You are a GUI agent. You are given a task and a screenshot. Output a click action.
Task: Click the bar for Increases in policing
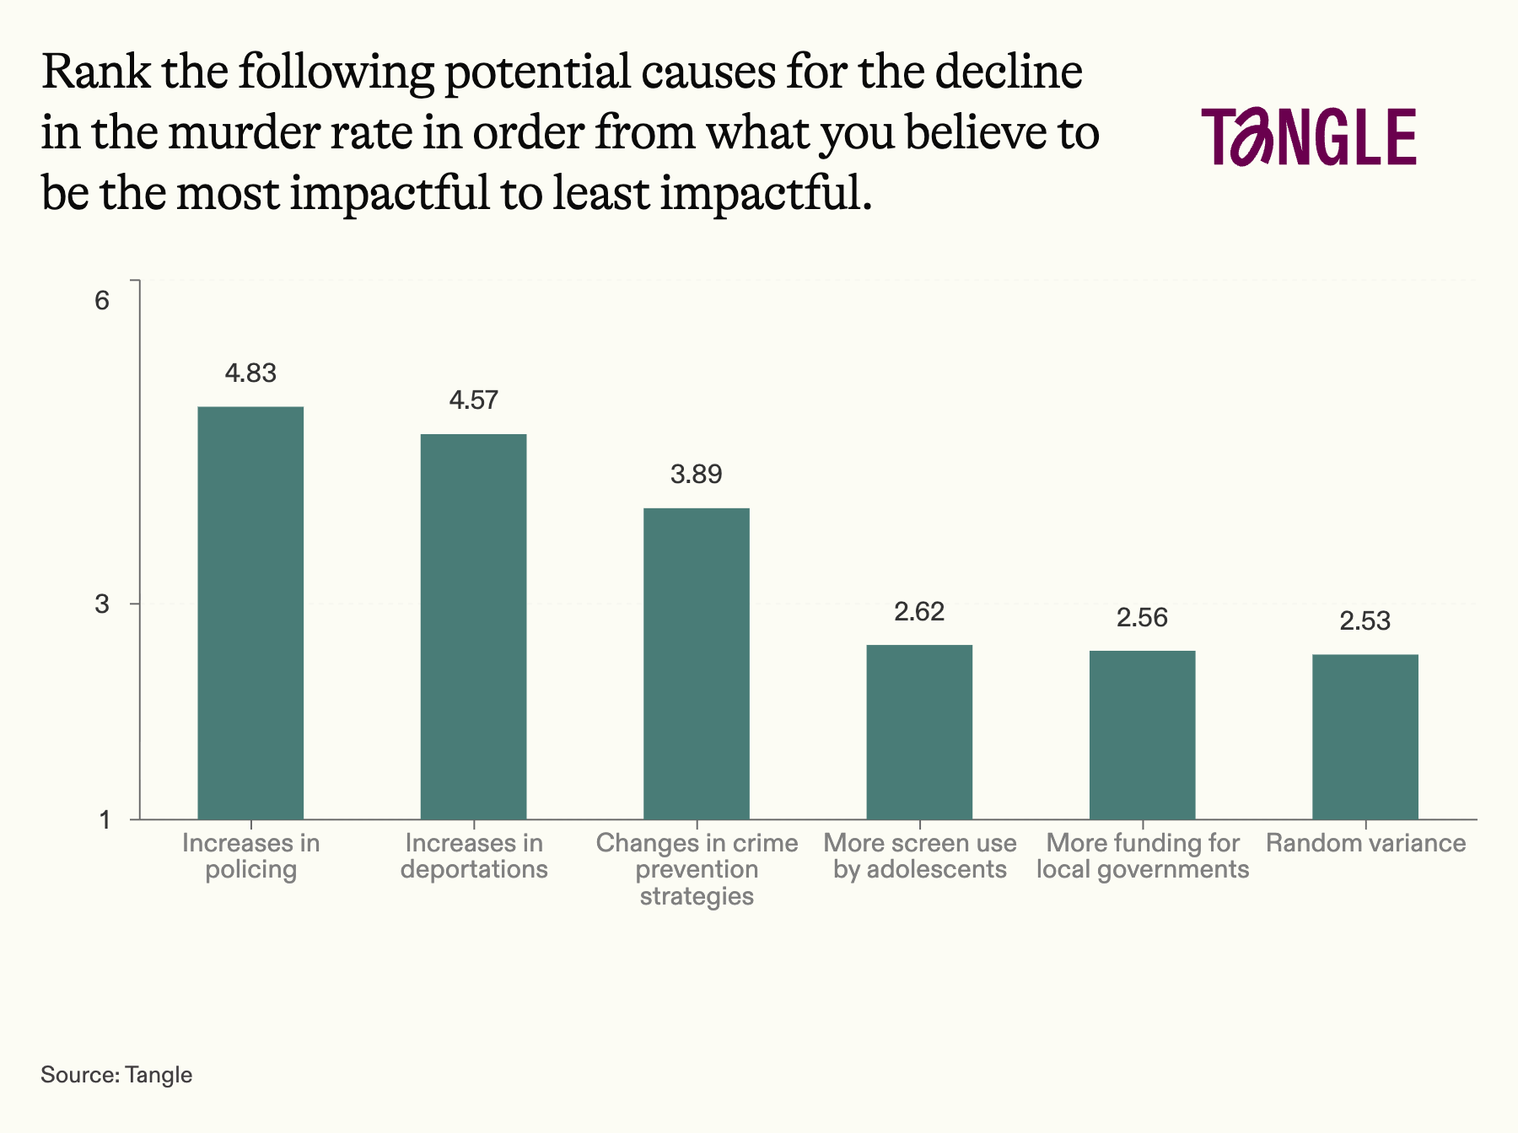click(250, 613)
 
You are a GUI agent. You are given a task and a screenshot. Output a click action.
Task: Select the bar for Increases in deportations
click(473, 626)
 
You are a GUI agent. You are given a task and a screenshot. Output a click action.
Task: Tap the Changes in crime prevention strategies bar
click(696, 663)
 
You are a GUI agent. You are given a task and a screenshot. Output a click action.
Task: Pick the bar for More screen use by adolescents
click(919, 732)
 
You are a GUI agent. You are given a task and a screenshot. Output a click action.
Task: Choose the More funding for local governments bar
click(1142, 734)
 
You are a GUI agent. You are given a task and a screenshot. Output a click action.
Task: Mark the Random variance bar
click(1365, 737)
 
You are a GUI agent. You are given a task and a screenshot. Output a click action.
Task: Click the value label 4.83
click(250, 373)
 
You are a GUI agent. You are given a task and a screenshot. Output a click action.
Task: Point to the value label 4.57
click(473, 400)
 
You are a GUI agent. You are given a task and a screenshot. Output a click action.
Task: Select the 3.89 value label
click(696, 474)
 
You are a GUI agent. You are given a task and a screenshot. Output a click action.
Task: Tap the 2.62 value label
click(919, 611)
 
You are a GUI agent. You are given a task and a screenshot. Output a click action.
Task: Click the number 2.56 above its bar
click(1142, 618)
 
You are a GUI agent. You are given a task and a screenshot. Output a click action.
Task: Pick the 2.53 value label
click(1365, 621)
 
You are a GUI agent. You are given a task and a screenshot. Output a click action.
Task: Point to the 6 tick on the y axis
click(102, 300)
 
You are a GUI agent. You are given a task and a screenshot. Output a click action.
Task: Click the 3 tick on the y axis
click(102, 604)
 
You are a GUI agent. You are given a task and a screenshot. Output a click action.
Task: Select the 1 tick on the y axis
click(105, 819)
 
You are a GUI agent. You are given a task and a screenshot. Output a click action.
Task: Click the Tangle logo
click(1309, 137)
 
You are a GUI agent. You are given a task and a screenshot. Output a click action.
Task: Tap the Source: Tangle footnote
click(116, 1075)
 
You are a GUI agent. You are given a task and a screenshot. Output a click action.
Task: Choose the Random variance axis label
click(1365, 843)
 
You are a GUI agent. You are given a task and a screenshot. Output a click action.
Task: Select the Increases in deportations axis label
click(474, 856)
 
